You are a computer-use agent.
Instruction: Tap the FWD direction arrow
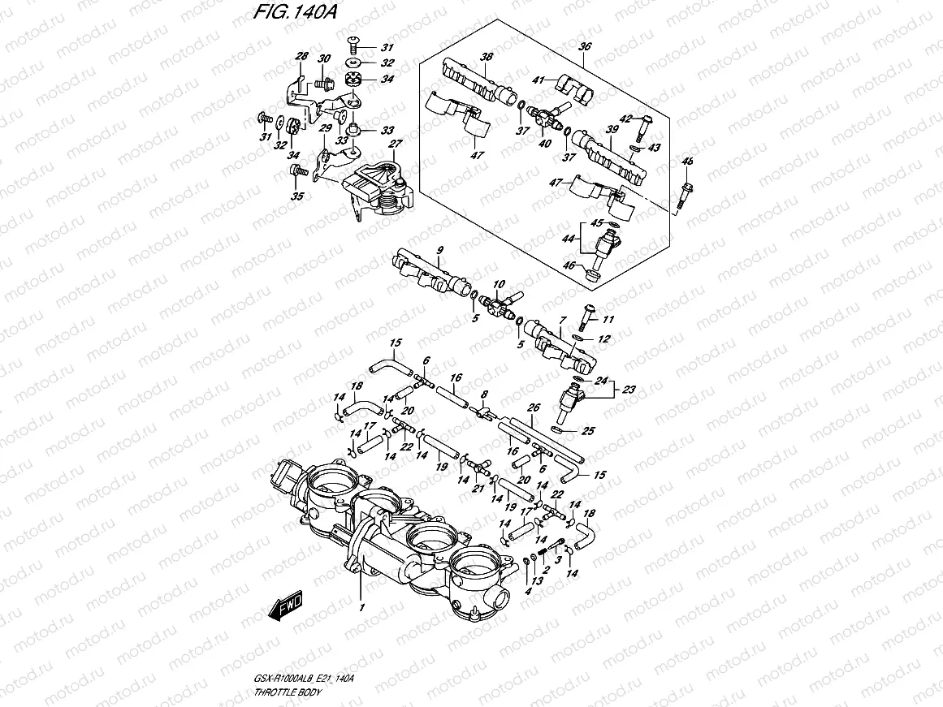point(287,607)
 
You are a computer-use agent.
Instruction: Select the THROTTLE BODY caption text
point(288,692)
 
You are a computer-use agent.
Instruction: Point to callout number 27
point(396,144)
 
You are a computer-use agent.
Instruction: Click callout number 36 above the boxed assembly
point(584,47)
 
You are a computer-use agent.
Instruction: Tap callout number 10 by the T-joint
point(500,284)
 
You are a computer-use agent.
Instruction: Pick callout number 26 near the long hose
point(533,408)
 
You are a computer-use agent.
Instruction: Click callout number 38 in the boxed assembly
point(487,57)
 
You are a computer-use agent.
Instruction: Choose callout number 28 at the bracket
point(302,56)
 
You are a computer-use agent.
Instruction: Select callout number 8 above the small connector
point(483,394)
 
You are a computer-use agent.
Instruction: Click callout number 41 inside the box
point(539,80)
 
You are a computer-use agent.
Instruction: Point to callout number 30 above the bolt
point(324,58)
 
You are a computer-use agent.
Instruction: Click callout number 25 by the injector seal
point(588,431)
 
